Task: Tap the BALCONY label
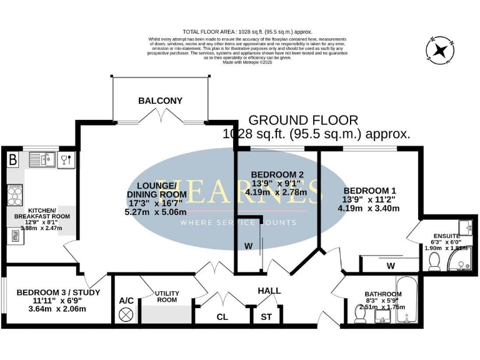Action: [161, 101]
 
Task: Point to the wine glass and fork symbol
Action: [66, 159]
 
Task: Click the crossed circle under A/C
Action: [127, 314]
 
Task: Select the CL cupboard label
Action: [222, 317]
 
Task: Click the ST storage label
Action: [266, 317]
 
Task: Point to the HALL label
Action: [269, 291]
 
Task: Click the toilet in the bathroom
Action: [360, 317]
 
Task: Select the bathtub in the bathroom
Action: [406, 300]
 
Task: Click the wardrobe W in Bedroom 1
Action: [391, 266]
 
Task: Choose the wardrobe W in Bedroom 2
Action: [248, 246]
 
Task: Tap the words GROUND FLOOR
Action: [304, 120]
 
